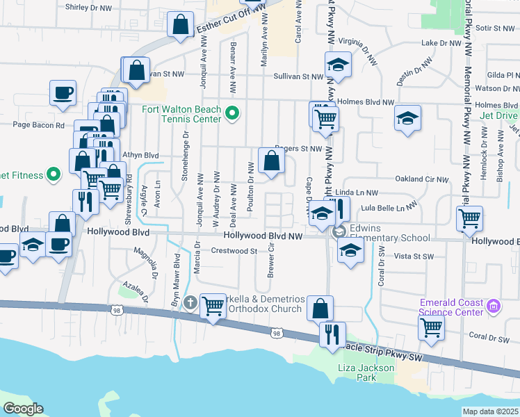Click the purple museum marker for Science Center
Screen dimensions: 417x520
[x=494, y=306]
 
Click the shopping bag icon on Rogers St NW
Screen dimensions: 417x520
[x=271, y=161]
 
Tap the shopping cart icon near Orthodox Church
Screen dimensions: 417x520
[x=213, y=306]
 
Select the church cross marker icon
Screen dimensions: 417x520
[x=190, y=302]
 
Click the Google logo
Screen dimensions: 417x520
[x=23, y=408]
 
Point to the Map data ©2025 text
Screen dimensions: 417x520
[x=490, y=411]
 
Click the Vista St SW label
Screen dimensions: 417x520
[x=415, y=256]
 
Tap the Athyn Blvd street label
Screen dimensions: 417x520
[x=140, y=156]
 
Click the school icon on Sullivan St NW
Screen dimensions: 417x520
[x=339, y=65]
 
